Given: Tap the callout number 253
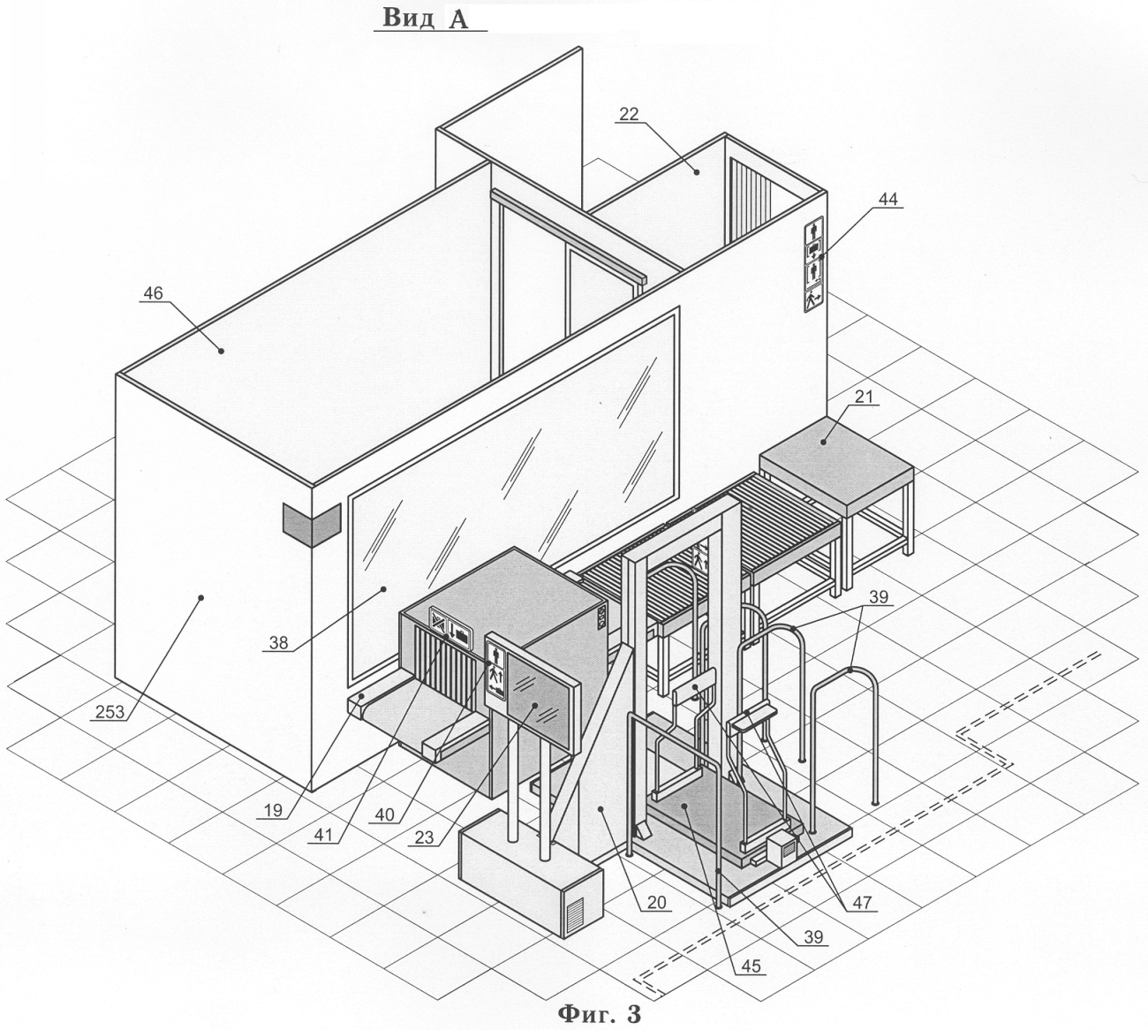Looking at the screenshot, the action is (x=110, y=711).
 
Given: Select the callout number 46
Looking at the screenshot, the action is (x=153, y=293).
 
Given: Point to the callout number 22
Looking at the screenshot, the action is (x=629, y=114).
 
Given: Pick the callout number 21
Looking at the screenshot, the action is (x=864, y=397).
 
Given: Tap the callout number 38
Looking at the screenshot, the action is (x=278, y=642).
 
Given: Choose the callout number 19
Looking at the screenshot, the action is (x=273, y=810).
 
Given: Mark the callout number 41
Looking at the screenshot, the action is (x=323, y=836).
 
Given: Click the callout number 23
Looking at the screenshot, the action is (x=424, y=837).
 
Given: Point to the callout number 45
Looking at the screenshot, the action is (x=751, y=966).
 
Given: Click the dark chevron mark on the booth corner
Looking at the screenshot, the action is (x=312, y=524).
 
